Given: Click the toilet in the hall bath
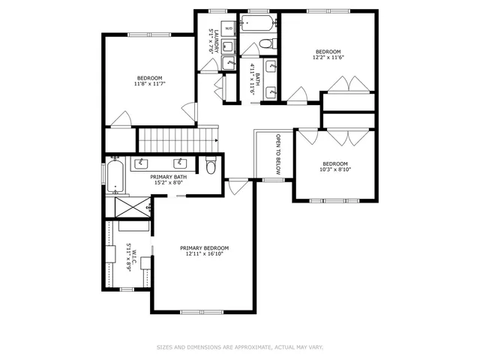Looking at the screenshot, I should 265,44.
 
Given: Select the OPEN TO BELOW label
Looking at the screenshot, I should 277,155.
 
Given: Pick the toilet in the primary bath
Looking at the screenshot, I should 211,166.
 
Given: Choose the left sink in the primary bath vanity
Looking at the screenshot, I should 142,163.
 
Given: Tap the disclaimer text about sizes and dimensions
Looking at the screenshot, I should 240,347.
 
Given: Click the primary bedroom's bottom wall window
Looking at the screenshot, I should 203,311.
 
